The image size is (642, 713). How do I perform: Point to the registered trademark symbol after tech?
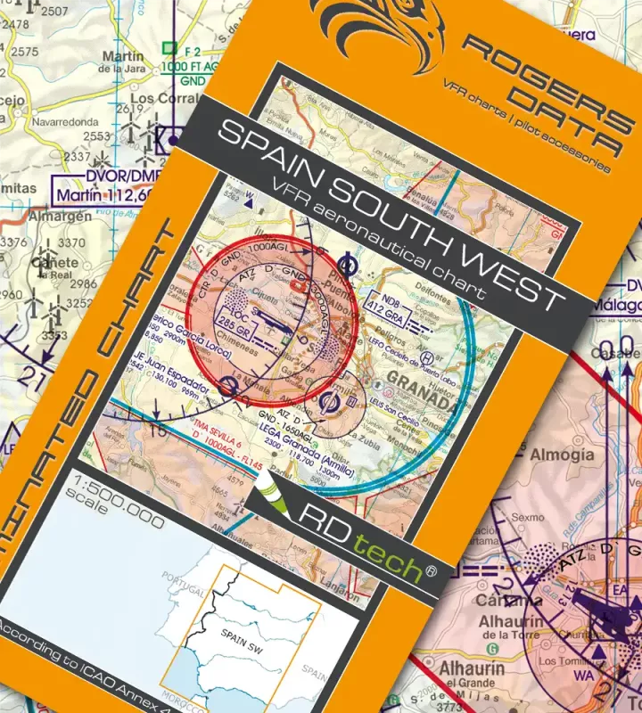(x=432, y=569)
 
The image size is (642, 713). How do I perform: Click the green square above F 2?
(x=168, y=48)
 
